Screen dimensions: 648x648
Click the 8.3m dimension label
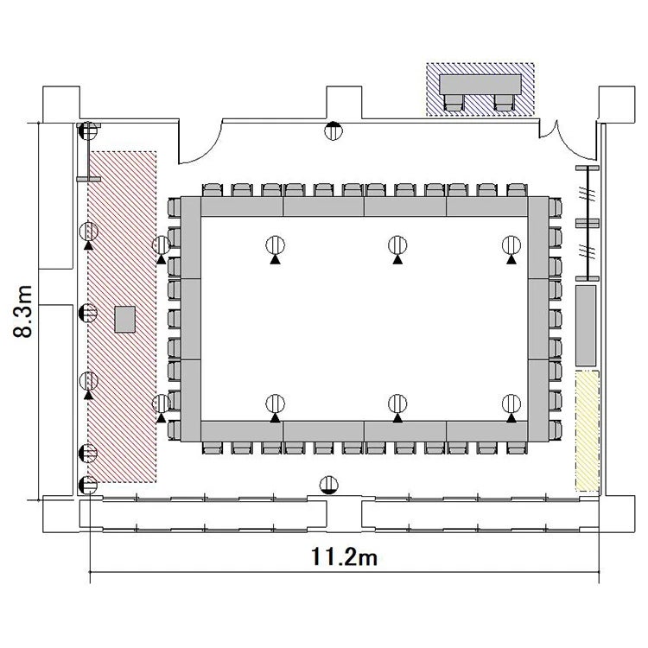(x=23, y=311)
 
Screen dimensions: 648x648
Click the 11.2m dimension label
(x=344, y=556)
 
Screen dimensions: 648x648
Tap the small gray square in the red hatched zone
(x=124, y=320)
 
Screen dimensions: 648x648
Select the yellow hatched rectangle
(x=588, y=431)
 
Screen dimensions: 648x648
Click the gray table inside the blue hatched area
(x=480, y=85)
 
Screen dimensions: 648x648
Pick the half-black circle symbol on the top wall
(x=334, y=131)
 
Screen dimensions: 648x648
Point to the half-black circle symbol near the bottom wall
(x=329, y=485)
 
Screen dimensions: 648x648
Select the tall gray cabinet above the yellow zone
(x=586, y=326)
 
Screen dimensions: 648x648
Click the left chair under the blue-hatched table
(x=454, y=103)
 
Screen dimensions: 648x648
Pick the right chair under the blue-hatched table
(x=504, y=103)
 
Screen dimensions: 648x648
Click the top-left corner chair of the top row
(x=213, y=190)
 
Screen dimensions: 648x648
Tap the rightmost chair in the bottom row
(x=518, y=448)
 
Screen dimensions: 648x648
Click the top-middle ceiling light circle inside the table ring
(x=397, y=245)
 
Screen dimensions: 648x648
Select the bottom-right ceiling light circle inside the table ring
(x=511, y=403)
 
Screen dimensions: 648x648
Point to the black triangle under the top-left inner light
(x=276, y=259)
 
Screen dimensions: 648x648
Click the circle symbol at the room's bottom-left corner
(x=87, y=486)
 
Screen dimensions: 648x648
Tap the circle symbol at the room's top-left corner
(x=87, y=131)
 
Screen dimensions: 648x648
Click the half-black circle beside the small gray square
(x=87, y=313)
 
